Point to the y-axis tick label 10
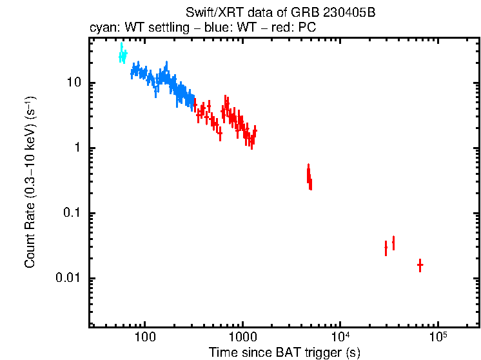point(72,83)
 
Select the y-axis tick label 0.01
point(68,279)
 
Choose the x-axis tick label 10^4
point(340,337)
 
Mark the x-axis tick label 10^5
point(438,337)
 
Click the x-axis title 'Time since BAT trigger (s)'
point(284,353)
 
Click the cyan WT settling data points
point(123,55)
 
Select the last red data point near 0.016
point(420,265)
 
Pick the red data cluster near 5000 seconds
point(309,176)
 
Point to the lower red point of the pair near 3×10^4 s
point(386,247)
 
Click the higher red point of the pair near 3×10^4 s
point(393,243)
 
